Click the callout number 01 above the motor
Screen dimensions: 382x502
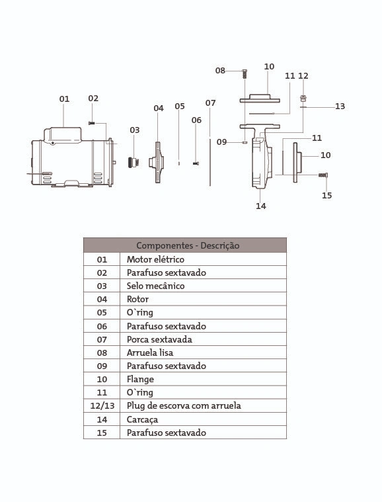point(64,99)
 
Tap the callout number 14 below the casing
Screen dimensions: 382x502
point(261,206)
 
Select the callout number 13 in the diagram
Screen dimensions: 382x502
point(340,106)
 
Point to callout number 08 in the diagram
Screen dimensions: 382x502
point(220,70)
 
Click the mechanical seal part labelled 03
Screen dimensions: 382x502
point(134,162)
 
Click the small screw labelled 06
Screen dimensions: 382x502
point(196,163)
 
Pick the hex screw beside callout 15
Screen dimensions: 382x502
point(323,175)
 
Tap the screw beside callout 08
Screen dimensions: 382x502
point(245,74)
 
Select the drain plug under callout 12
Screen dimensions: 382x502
point(303,98)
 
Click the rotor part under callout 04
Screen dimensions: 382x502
point(157,162)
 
